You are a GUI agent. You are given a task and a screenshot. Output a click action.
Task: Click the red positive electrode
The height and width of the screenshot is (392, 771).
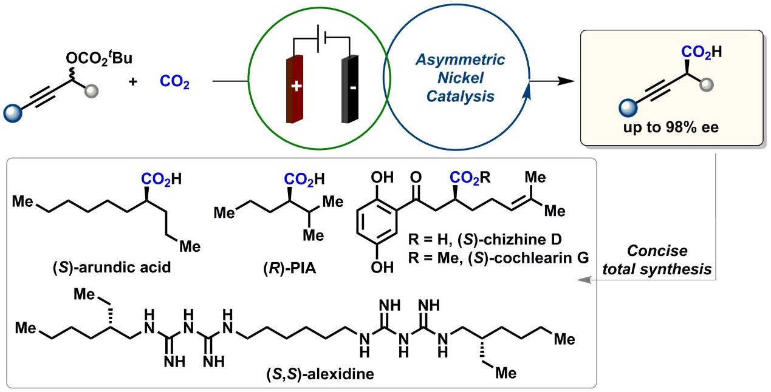[295, 89]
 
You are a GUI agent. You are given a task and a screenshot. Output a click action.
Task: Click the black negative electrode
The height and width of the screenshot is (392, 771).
[350, 89]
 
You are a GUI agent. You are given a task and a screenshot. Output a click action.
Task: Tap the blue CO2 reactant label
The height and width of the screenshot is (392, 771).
[174, 83]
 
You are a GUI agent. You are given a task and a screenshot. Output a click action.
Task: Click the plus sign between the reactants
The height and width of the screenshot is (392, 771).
[133, 82]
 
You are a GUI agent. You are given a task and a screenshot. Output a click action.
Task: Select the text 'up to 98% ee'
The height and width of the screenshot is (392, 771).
[671, 127]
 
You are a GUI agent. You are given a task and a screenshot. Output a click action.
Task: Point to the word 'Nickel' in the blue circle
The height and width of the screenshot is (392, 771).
[461, 78]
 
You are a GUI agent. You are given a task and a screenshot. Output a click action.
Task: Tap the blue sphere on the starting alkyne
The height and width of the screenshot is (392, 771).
[13, 113]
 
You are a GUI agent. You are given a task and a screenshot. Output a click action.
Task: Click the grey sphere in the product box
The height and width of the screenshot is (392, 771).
[707, 85]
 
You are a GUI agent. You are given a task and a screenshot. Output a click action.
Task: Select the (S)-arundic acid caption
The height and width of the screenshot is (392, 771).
[112, 268]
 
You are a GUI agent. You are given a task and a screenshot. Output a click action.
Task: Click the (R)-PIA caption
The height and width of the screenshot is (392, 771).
[289, 268]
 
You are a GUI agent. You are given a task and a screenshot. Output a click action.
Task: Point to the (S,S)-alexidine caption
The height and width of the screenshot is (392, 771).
[320, 374]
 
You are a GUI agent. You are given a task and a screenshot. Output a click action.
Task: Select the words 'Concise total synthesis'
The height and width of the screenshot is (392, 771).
[657, 260]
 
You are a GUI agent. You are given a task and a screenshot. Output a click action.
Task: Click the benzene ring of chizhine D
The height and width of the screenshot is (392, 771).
[377, 222]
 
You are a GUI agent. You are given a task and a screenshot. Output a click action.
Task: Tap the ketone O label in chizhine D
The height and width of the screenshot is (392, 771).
[416, 177]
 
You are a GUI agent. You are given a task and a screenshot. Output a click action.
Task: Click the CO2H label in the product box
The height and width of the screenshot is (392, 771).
[702, 52]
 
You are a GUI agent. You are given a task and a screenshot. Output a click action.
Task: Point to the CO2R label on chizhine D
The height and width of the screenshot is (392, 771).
[470, 178]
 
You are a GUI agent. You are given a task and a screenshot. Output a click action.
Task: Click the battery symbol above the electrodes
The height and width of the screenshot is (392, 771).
[322, 38]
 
